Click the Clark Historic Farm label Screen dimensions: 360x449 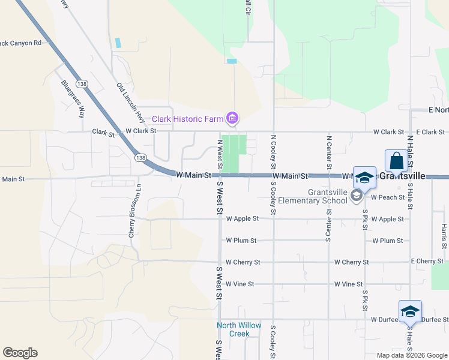(x=187, y=119)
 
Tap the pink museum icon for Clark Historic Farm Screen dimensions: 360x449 (x=232, y=118)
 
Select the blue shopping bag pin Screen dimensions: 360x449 (x=397, y=161)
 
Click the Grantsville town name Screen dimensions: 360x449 (x=411, y=176)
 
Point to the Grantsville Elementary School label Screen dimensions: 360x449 (x=327, y=196)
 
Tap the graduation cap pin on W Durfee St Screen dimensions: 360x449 (x=410, y=311)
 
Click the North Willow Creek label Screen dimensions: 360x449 (x=239, y=329)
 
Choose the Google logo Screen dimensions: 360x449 (x=20, y=352)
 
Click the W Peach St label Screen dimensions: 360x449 (x=387, y=197)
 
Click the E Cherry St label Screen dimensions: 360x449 (x=427, y=262)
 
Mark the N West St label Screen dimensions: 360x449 (x=220, y=154)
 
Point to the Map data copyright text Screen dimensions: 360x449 (x=412, y=355)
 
